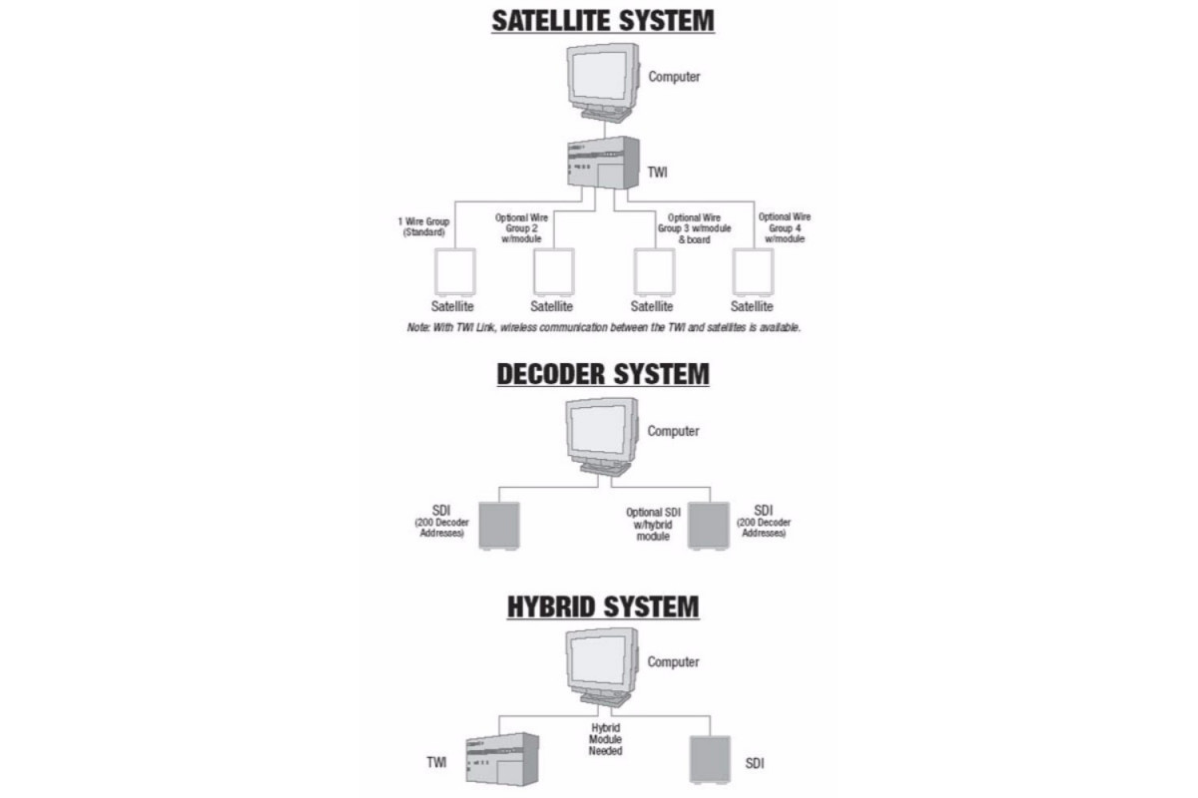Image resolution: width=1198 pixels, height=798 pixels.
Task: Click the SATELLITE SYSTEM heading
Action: click(603, 21)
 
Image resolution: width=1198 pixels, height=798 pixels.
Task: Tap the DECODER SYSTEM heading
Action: click(603, 374)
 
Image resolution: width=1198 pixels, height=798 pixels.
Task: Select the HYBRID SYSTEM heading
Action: click(603, 607)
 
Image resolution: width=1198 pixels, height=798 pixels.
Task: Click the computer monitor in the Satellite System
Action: click(603, 83)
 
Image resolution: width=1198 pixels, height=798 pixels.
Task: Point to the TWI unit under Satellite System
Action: click(603, 163)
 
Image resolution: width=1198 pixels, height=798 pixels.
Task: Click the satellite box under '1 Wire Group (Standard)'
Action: click(455, 272)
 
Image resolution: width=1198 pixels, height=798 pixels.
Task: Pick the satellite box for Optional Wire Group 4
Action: click(753, 272)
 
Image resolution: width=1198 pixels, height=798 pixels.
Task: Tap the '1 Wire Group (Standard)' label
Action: click(423, 226)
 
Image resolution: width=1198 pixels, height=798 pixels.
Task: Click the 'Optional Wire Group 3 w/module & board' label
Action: click(694, 228)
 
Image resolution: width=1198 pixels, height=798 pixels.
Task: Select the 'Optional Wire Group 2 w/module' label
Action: click(521, 228)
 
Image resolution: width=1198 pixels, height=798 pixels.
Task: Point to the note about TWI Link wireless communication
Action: click(604, 327)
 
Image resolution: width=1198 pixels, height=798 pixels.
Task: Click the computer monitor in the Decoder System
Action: click(602, 437)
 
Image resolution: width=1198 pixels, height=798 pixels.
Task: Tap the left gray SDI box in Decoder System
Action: click(499, 526)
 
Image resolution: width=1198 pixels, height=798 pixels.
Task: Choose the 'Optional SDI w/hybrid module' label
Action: click(653, 524)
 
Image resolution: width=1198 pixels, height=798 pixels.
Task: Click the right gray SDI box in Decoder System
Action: click(709, 526)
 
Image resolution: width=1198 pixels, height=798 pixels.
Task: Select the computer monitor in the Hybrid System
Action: click(602, 667)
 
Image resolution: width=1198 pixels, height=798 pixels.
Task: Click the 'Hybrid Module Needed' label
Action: click(605, 739)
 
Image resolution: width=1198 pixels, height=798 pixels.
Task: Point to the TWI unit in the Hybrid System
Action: click(502, 759)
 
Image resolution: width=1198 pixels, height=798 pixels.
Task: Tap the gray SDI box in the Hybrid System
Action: click(710, 759)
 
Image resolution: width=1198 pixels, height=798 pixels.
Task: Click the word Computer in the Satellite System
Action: click(674, 77)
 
